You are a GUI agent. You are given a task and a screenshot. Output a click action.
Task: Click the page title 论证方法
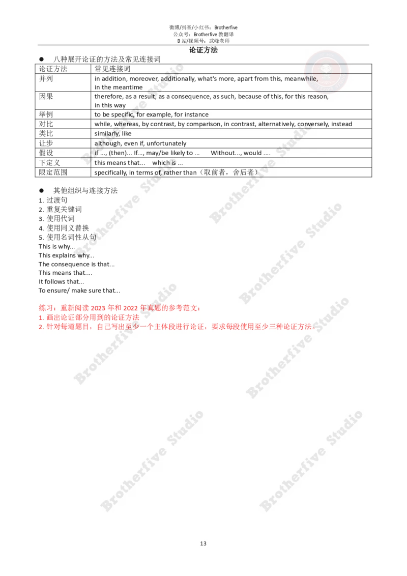pyautogui.click(x=203, y=50)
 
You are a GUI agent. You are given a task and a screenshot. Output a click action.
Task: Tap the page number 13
pyautogui.click(x=203, y=543)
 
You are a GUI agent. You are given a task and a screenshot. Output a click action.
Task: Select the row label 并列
pyautogui.click(x=46, y=78)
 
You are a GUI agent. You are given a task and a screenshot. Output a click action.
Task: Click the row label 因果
pyautogui.click(x=46, y=96)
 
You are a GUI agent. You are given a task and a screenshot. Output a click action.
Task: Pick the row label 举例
pyautogui.click(x=46, y=114)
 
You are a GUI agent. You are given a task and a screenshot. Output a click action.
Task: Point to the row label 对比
pyautogui.click(x=46, y=124)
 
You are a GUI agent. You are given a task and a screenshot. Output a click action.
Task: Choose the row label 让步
pyautogui.click(x=46, y=143)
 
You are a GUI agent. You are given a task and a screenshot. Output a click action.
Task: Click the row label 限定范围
pyautogui.click(x=53, y=172)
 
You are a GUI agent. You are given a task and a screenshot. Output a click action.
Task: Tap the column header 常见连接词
pyautogui.click(x=112, y=69)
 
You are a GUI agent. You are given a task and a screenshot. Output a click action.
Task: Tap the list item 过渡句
pyautogui.click(x=57, y=200)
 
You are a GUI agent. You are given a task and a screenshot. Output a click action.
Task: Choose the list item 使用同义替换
pyautogui.click(x=68, y=228)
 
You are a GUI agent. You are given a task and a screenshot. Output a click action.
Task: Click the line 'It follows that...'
pyautogui.click(x=62, y=282)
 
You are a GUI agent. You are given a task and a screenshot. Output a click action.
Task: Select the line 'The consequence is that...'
pyautogui.click(x=76, y=264)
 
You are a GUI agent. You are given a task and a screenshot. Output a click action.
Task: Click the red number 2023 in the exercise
pyautogui.click(x=98, y=308)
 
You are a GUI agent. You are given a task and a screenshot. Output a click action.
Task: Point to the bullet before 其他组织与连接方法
pyautogui.click(x=42, y=191)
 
